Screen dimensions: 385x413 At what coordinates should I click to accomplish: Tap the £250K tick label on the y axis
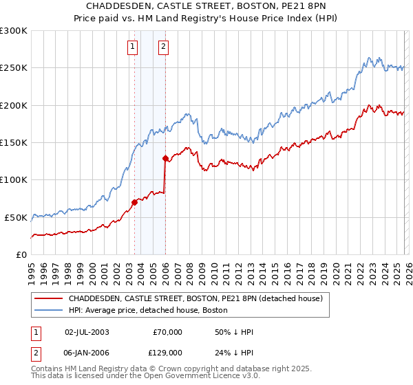(14, 68)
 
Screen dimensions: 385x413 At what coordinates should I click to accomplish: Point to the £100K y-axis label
(14, 180)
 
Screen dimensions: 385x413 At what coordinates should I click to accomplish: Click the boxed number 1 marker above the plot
(132, 47)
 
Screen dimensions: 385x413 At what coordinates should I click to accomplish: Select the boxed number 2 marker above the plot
(163, 47)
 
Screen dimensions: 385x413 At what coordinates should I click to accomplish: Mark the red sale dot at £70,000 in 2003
(134, 202)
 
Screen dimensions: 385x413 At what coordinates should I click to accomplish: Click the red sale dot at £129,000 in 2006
(165, 158)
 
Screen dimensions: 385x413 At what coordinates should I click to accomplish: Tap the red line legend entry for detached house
(200, 299)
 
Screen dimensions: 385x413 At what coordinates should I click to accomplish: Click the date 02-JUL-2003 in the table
(87, 332)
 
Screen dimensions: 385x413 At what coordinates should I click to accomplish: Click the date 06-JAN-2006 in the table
(87, 352)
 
